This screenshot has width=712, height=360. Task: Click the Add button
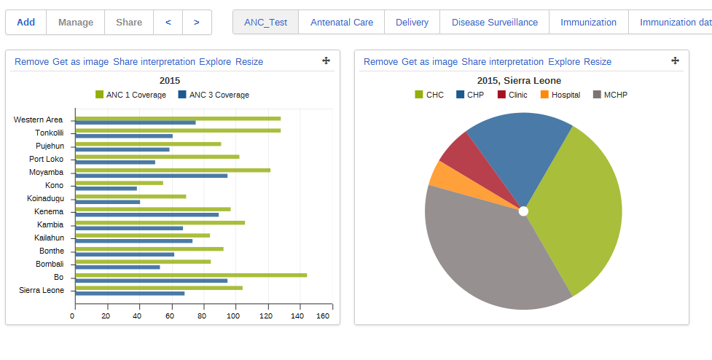[26, 23]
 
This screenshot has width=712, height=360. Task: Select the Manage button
[76, 23]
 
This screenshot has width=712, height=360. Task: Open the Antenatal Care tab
[342, 23]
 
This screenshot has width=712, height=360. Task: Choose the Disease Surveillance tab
[495, 23]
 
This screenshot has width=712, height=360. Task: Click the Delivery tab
[412, 23]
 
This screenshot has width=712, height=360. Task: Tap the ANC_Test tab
[266, 23]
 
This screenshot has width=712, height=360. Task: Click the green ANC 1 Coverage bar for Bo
[191, 275]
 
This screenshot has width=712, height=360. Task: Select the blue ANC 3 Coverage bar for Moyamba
[152, 176]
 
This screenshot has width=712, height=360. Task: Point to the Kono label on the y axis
[54, 185]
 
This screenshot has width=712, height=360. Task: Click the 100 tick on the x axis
[234, 316]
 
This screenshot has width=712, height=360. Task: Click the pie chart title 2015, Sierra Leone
[519, 81]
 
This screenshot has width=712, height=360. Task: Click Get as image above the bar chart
[80, 62]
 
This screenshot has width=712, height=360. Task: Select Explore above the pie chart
[564, 62]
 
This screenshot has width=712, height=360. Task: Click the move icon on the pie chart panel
[675, 61]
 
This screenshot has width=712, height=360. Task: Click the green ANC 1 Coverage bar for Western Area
[178, 118]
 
